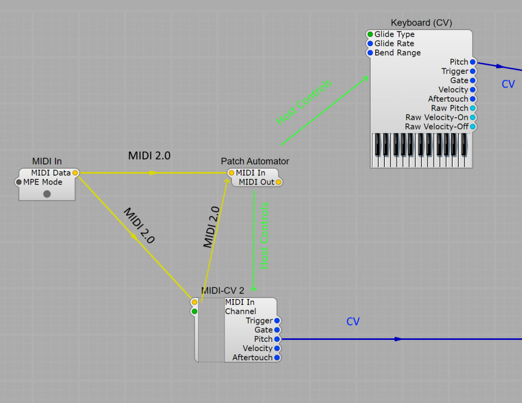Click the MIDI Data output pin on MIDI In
coord(75,173)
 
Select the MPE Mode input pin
coord(19,182)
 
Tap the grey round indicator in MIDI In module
coord(47,194)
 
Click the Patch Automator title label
coord(255,161)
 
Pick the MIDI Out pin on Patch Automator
coord(278,182)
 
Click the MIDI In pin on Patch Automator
coord(231,173)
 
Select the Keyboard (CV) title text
coord(421,22)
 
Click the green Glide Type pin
coord(370,34)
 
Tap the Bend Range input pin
coord(370,52)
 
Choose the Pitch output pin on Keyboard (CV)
coord(473,62)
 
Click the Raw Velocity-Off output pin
coord(473,126)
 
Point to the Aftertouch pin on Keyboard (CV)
coord(473,99)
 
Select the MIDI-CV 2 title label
coord(222,291)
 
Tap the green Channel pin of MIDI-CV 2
coord(194,311)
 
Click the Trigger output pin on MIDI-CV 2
coord(277,320)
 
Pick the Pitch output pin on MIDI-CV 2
coord(277,339)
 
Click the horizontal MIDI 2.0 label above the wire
coord(149,156)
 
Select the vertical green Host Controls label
coord(264,236)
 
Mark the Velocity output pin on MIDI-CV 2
coord(277,348)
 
